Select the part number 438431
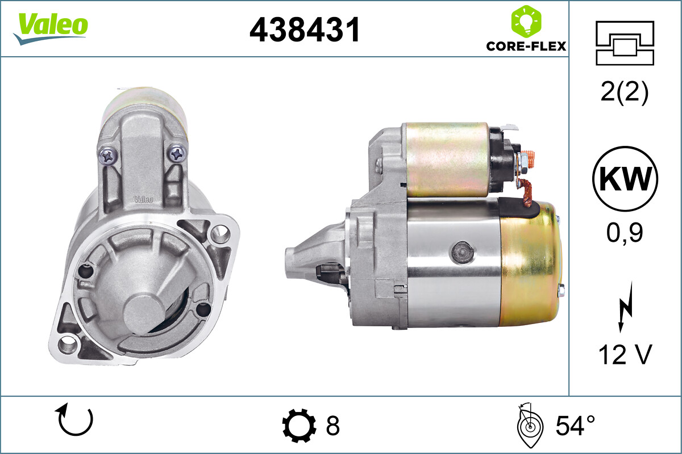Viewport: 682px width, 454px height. [x=305, y=30]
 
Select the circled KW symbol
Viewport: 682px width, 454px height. [x=625, y=179]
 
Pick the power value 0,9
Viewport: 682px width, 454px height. [x=625, y=233]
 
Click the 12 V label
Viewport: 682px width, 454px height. [x=625, y=356]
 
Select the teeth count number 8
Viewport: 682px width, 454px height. [x=332, y=425]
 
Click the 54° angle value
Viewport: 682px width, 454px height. [x=575, y=425]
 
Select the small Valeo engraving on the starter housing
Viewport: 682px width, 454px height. [x=142, y=199]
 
